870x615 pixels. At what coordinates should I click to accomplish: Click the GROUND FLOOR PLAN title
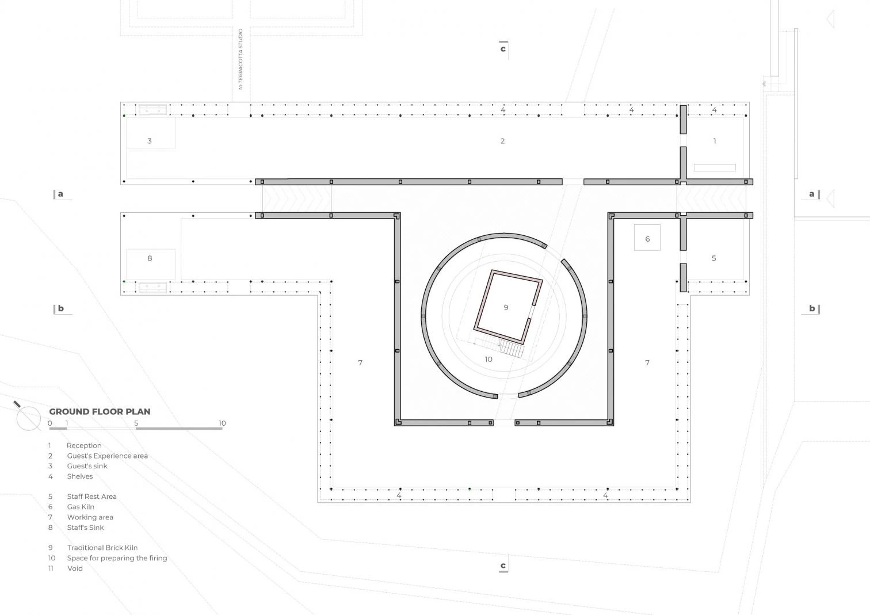100,411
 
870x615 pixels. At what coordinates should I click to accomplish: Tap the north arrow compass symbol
28,417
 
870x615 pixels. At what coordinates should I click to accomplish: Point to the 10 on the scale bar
222,423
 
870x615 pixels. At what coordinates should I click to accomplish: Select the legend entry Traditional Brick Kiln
102,548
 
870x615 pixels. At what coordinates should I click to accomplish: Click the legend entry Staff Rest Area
91,496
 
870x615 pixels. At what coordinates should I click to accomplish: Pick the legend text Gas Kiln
81,507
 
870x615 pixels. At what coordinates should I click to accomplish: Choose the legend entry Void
75,568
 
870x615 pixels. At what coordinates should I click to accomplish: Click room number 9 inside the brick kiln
506,307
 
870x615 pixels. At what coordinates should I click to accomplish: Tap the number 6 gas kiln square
647,238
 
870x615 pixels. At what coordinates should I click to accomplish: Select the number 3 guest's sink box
151,133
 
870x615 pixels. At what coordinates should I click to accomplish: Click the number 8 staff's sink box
151,264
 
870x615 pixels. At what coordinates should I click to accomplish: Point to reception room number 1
715,141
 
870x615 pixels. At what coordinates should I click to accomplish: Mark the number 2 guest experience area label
502,141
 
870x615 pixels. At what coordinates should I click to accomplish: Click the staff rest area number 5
714,258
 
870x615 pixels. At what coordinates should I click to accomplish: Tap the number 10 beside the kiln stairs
488,360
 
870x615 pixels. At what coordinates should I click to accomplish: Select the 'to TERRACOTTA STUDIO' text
241,59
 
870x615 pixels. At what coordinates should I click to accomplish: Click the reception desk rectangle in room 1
715,167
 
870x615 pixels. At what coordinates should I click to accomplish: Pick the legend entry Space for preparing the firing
117,558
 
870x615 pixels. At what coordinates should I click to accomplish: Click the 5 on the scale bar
136,423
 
